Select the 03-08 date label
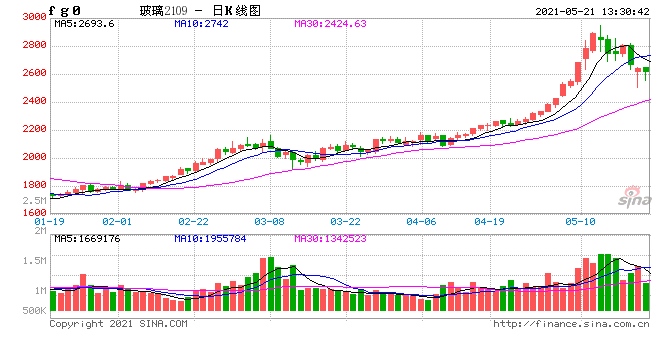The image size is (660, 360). [x=270, y=220]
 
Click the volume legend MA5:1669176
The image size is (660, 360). [x=87, y=238]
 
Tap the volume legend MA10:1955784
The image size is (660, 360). [x=214, y=238]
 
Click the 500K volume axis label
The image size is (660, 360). [x=33, y=312]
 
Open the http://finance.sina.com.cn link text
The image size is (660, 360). [x=572, y=323]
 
